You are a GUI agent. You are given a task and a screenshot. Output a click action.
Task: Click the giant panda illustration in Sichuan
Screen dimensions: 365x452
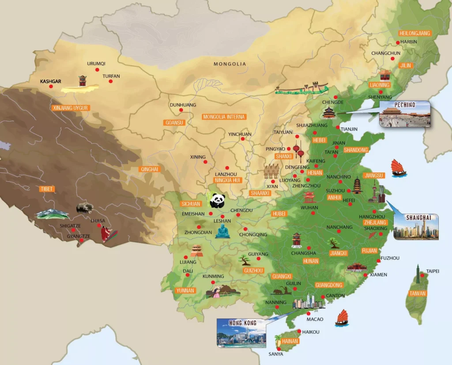coord(217,200)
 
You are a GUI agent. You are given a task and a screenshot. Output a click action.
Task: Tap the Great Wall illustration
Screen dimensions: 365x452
coord(302,88)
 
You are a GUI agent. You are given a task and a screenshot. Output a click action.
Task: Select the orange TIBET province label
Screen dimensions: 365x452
coord(47,189)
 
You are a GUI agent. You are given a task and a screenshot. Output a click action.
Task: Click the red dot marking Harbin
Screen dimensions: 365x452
coord(398,42)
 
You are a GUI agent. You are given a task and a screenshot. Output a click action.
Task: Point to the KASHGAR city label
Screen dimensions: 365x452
coord(50,82)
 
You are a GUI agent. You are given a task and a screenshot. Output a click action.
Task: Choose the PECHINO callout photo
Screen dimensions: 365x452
coord(405,114)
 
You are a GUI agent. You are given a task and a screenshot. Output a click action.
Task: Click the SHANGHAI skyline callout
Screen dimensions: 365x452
coord(416,227)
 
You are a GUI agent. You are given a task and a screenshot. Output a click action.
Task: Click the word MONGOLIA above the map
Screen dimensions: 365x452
coord(230,64)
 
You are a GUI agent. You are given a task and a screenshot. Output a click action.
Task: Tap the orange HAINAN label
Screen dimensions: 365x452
coord(289,341)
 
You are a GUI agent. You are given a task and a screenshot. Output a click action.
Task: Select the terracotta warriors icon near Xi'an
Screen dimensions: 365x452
coord(271,172)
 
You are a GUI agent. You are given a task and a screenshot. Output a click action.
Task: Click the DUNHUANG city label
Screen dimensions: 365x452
coord(183,105)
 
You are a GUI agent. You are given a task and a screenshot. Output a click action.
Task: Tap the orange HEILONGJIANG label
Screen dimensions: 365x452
coord(414,33)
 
